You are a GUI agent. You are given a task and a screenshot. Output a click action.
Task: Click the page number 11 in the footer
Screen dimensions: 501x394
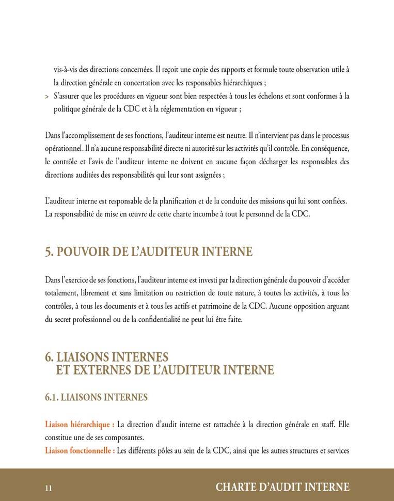(x=49, y=488)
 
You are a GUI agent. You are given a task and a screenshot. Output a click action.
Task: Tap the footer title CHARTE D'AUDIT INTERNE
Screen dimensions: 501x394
(x=282, y=487)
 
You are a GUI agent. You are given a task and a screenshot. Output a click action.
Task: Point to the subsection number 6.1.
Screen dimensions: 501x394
(x=52, y=397)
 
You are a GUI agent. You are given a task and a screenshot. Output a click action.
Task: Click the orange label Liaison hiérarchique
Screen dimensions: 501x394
(x=80, y=425)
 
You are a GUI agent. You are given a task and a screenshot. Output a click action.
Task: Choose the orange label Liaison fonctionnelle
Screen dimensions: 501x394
(x=80, y=450)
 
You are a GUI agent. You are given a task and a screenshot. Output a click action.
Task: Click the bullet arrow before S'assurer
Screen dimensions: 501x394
(x=47, y=97)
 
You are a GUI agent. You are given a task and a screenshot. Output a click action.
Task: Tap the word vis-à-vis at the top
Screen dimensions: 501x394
(x=66, y=69)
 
